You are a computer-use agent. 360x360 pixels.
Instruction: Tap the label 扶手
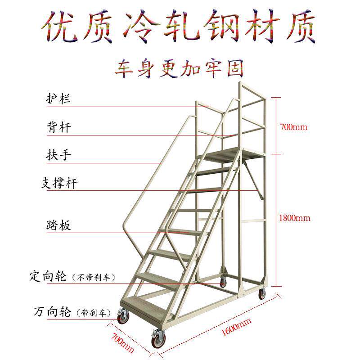(x=58, y=155)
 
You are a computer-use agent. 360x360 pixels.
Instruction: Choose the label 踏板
(x=58, y=225)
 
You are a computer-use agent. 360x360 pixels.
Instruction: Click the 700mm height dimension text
(x=293, y=127)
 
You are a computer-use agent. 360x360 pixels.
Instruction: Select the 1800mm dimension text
(x=295, y=218)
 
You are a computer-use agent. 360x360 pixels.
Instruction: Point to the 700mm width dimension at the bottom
(x=123, y=342)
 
